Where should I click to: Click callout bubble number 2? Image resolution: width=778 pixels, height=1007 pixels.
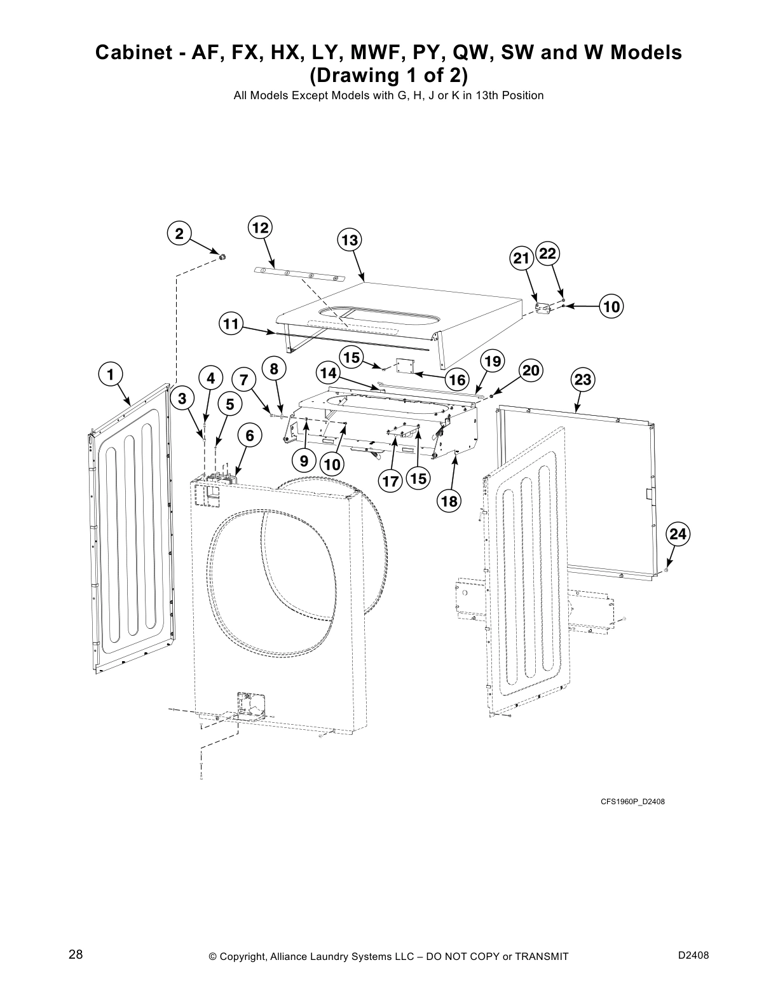tap(180, 234)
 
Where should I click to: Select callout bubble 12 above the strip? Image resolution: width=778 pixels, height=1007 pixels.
tap(259, 228)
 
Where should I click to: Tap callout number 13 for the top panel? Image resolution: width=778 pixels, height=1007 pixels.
tap(349, 240)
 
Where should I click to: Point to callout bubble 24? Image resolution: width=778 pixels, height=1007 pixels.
tap(678, 535)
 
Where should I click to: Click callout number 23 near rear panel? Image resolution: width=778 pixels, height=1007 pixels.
tap(582, 380)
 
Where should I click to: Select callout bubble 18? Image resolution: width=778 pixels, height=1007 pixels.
tap(449, 501)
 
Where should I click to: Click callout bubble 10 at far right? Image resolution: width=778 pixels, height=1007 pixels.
tap(611, 307)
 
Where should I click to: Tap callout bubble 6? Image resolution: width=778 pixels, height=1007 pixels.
tap(250, 435)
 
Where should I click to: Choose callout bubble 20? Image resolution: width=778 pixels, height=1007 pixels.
tap(531, 371)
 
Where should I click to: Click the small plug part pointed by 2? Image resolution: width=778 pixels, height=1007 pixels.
tap(223, 257)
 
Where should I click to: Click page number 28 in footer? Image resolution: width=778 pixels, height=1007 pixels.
tap(76, 954)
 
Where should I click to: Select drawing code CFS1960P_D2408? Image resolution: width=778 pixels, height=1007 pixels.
tap(632, 801)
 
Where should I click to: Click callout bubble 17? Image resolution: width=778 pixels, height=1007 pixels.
tap(390, 481)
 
